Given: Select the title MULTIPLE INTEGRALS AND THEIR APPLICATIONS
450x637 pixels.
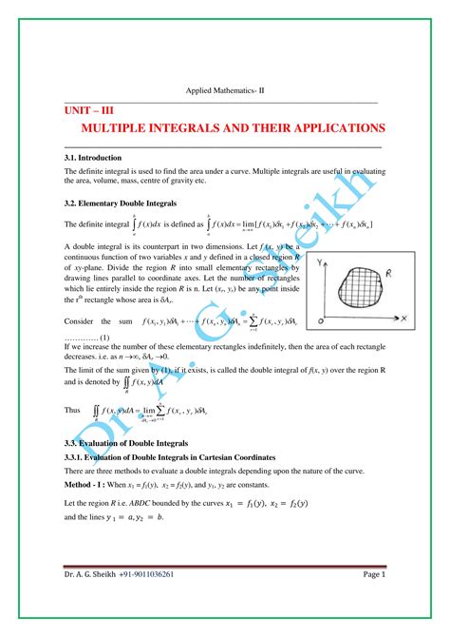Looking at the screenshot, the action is pos(233,128).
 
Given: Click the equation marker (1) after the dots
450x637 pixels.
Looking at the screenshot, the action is pos(105,338).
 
